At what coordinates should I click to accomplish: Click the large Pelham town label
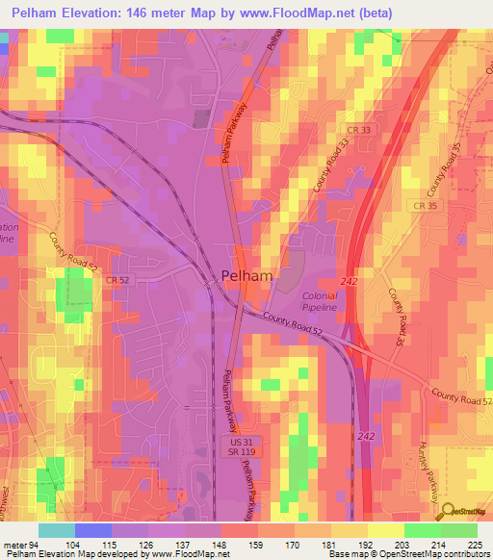point(247,276)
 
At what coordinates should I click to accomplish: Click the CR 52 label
point(118,280)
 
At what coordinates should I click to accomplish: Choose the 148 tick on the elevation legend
point(221,544)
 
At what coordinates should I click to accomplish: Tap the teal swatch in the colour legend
point(57,530)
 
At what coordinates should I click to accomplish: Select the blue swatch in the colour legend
point(93,530)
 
